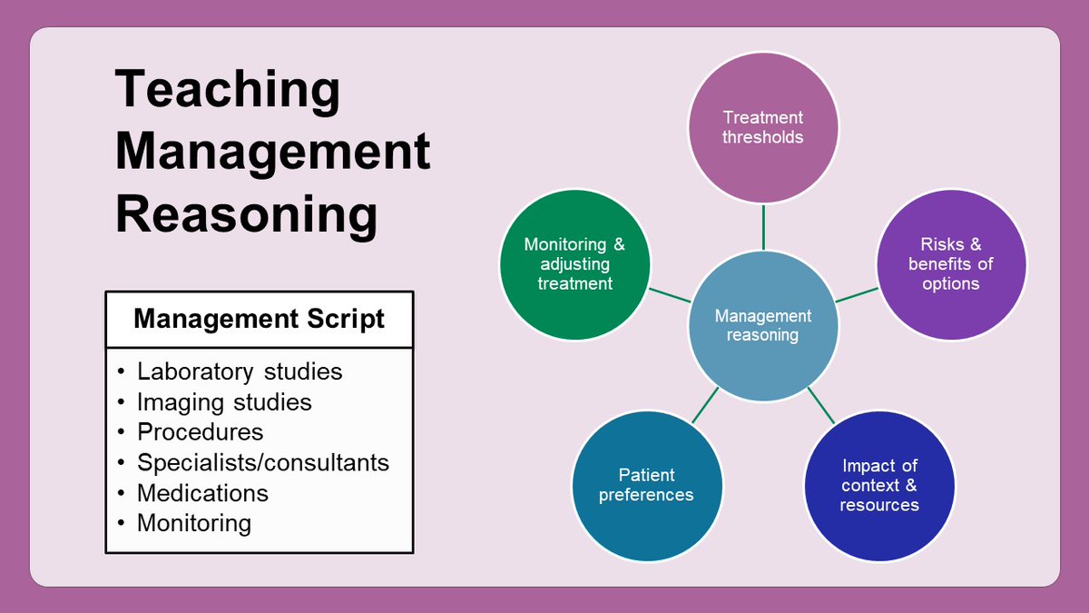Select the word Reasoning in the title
tap(246, 215)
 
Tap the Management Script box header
tap(260, 319)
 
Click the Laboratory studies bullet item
tap(240, 371)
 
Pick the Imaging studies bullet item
tap(224, 401)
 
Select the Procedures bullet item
tap(201, 431)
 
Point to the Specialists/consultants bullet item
tap(263, 462)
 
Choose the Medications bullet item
tap(202, 492)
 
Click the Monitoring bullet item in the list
tap(193, 523)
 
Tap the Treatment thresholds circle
tap(763, 127)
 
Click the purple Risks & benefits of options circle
tap(950, 264)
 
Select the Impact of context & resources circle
tap(879, 485)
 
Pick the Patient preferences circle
tap(646, 485)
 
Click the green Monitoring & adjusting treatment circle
tap(574, 264)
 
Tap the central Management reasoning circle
tap(763, 326)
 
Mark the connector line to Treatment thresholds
tap(763, 226)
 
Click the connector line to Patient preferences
tap(705, 405)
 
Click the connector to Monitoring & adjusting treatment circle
tap(670, 295)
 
